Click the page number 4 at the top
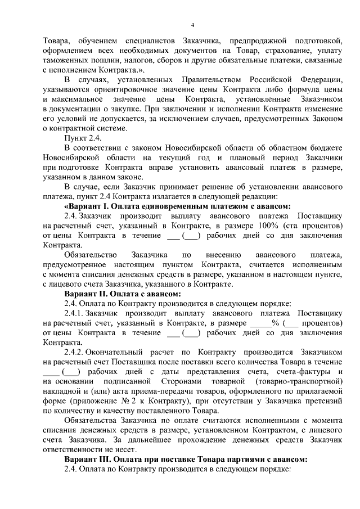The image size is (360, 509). click(x=192, y=25)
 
